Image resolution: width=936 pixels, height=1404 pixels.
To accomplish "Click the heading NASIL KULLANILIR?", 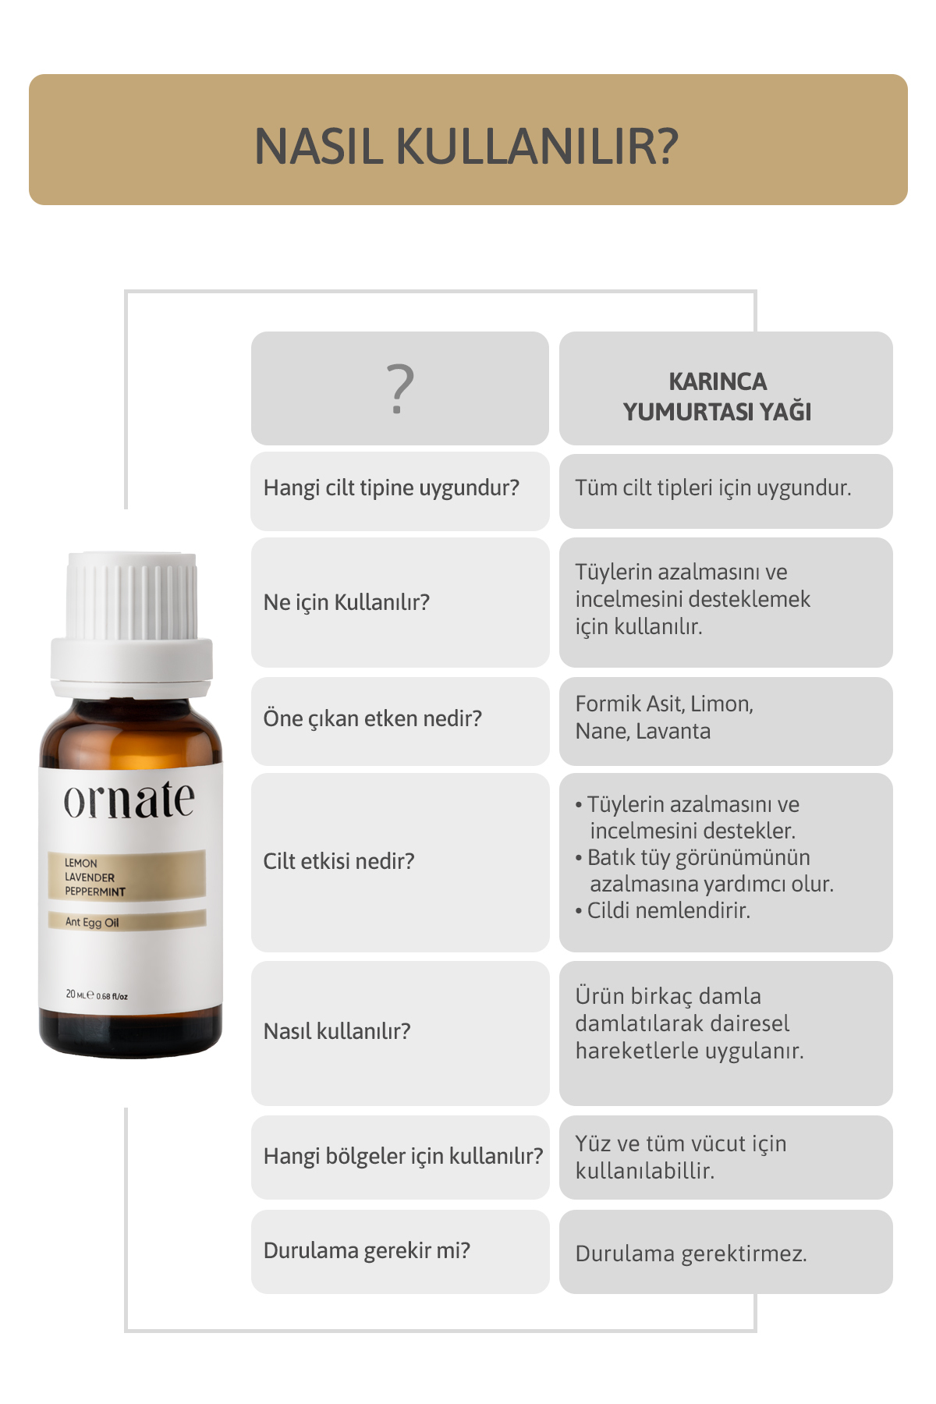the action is pyautogui.click(x=466, y=146).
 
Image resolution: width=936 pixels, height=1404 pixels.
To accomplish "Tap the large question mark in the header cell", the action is pyautogui.click(x=400, y=388).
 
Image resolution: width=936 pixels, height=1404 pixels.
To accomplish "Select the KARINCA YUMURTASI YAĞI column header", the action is pyautogui.click(x=718, y=396).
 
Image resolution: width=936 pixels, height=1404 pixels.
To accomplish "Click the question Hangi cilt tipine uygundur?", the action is pyautogui.click(x=392, y=488).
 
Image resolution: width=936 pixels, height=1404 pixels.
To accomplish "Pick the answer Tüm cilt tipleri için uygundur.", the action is pyautogui.click(x=713, y=488).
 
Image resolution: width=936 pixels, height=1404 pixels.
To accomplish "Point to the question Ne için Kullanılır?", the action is pyautogui.click(x=346, y=602).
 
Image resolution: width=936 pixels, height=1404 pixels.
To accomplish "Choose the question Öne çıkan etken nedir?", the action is pyautogui.click(x=373, y=718).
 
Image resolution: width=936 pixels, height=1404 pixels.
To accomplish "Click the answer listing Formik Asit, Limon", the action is pyautogui.click(x=665, y=718).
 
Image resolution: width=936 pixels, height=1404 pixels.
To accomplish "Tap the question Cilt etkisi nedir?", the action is pyautogui.click(x=339, y=861).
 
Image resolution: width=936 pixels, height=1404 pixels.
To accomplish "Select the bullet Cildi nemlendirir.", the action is pyautogui.click(x=663, y=910).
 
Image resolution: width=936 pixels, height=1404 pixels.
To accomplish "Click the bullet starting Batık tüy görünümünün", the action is pyautogui.click(x=704, y=870).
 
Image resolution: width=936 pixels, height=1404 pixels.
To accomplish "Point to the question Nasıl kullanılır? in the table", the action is pyautogui.click(x=337, y=1031).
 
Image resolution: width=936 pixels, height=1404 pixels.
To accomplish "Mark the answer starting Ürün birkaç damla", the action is pyautogui.click(x=690, y=1023).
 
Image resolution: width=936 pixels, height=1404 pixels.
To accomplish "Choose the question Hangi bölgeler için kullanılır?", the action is pyautogui.click(x=403, y=1156).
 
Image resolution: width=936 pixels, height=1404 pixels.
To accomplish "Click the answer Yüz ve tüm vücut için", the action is pyautogui.click(x=681, y=1157).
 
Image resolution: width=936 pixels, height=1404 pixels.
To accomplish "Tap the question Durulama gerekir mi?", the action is pyautogui.click(x=367, y=1250).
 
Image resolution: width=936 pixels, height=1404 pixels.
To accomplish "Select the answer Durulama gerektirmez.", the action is pyautogui.click(x=691, y=1253).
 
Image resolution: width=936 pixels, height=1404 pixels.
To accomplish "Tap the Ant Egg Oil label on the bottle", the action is pyautogui.click(x=92, y=922).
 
